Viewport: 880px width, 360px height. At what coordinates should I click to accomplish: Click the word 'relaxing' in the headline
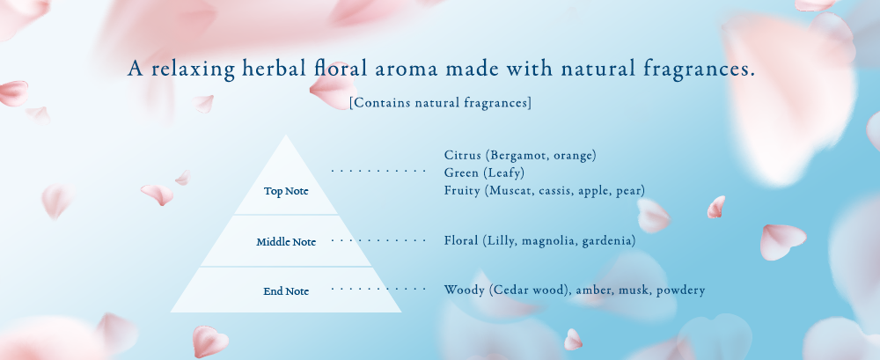(x=193, y=70)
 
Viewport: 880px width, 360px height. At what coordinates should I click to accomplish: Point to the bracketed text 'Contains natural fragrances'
(x=440, y=103)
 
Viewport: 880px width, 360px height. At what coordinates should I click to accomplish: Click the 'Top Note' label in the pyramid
(x=286, y=192)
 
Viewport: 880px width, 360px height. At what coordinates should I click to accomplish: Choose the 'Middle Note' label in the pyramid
(x=286, y=242)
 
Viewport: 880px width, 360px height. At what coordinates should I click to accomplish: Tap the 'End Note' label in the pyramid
(x=286, y=291)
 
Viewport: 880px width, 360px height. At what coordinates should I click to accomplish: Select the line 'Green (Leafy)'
(x=484, y=173)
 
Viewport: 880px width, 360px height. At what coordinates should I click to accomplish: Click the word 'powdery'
(x=681, y=291)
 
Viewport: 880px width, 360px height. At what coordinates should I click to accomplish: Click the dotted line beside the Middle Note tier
(x=378, y=241)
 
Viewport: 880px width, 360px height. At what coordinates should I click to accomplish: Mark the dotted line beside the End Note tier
(x=378, y=290)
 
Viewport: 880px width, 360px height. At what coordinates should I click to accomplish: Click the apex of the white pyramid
(x=286, y=135)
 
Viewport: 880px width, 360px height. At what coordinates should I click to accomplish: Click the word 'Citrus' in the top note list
(x=463, y=155)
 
